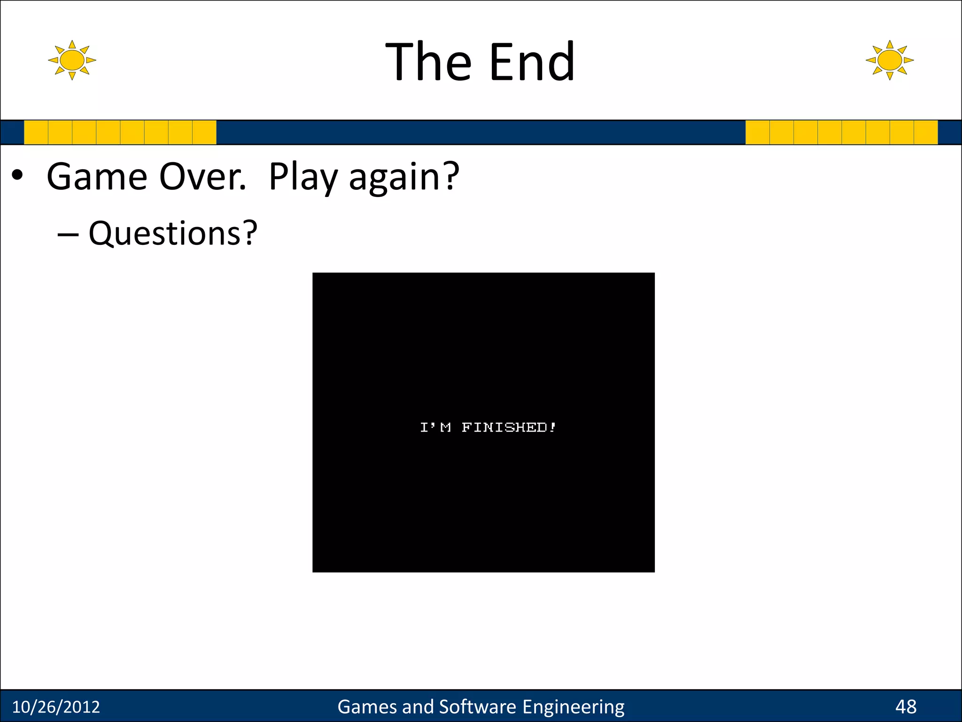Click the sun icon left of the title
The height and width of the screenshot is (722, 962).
click(72, 60)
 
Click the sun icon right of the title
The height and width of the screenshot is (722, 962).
click(889, 60)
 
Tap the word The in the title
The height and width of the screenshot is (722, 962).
click(428, 62)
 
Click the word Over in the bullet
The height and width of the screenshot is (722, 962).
click(202, 177)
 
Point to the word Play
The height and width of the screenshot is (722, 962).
click(303, 178)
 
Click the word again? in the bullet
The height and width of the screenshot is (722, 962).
click(404, 178)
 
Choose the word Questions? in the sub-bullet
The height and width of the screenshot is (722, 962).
click(173, 233)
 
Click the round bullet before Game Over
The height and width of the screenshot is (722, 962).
click(17, 175)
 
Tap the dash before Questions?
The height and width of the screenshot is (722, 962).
click(68, 234)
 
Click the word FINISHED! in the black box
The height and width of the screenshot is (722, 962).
click(509, 427)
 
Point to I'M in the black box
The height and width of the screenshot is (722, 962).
click(435, 427)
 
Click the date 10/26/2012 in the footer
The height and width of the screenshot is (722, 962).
click(56, 707)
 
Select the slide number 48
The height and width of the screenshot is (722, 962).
click(906, 707)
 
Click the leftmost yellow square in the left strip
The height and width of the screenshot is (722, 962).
click(36, 132)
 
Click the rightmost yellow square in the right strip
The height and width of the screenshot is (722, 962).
click(926, 132)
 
